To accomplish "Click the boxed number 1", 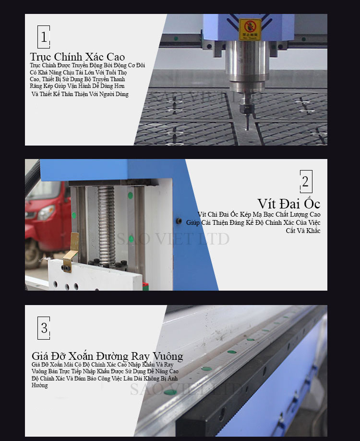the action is [x=44, y=37].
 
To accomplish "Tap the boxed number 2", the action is [x=306, y=182].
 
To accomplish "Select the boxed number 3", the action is [x=44, y=328].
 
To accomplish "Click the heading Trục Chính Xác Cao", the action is [x=77, y=57].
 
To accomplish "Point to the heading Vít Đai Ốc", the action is [x=288, y=204].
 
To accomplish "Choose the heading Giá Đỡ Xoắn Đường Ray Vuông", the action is [x=108, y=356].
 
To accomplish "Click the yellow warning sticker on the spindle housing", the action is [x=250, y=29].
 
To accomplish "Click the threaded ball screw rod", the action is [x=106, y=225].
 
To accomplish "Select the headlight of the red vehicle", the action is [x=47, y=212].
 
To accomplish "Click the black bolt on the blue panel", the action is [x=179, y=221].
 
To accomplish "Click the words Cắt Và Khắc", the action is [x=303, y=231].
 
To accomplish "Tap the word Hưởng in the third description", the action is [x=40, y=385].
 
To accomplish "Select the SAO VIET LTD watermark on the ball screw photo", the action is [x=173, y=239].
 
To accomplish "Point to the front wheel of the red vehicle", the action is [x=34, y=253].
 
